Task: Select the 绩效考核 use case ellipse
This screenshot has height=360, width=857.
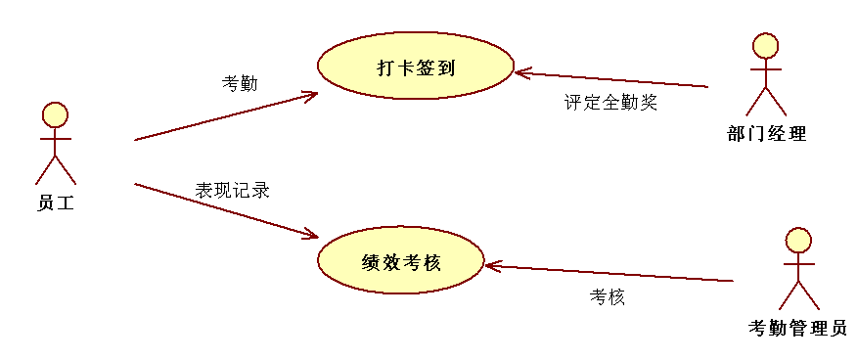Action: point(400,262)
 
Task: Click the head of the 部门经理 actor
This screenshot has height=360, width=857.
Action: point(766,45)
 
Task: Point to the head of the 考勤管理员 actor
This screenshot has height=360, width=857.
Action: point(799,240)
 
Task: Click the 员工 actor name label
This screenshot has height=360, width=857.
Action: point(56,203)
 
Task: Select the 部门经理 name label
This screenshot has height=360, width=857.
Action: point(767,134)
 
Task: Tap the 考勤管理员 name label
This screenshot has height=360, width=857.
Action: point(796,328)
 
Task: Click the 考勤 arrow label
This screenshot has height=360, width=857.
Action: point(240,83)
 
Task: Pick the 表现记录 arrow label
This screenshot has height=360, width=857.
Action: point(232,190)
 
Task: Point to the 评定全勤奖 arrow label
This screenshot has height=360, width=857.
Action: point(610,102)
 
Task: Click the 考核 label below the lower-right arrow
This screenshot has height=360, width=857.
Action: point(607,296)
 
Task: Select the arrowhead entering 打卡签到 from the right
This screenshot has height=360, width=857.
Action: point(520,72)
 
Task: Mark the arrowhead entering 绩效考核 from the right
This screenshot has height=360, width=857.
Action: point(490,265)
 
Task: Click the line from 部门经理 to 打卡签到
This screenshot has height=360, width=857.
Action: point(616,79)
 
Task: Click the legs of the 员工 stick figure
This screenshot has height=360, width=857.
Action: point(56,170)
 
